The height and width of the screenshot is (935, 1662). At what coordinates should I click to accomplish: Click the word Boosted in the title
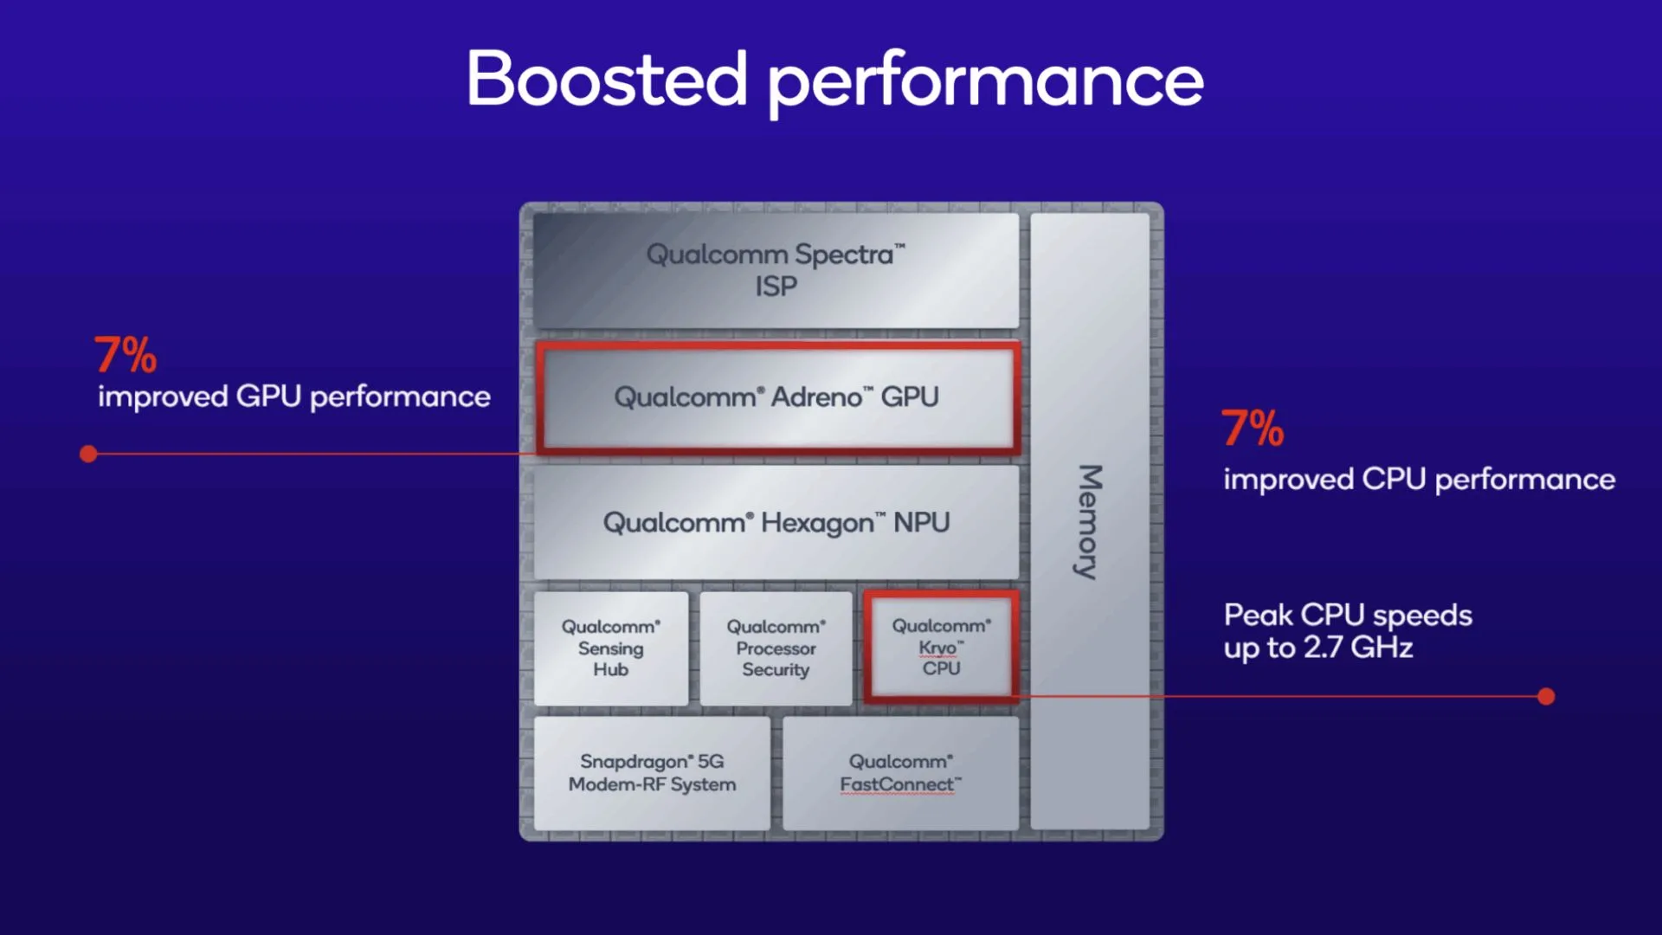606,80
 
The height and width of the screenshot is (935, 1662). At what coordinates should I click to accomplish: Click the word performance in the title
985,82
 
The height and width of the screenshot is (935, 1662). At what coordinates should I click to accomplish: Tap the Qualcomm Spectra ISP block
776,270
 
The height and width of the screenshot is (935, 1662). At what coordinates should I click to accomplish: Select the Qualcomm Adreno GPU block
776,397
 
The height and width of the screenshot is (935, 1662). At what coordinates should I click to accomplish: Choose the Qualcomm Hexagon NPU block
776,523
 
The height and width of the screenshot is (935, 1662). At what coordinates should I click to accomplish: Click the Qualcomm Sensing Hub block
611,648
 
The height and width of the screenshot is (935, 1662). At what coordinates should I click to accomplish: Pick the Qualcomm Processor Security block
776,648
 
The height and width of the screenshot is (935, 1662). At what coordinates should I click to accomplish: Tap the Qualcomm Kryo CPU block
941,647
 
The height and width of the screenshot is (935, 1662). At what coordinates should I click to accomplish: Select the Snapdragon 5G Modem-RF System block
652,772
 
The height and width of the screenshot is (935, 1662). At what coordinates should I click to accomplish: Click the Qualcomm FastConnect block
900,772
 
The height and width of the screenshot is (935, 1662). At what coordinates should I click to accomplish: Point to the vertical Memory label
1089,521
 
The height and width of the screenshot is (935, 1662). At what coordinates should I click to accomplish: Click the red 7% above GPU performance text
126,355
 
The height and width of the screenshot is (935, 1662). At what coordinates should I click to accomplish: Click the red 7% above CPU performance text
1253,429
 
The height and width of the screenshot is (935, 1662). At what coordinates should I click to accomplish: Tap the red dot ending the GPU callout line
88,454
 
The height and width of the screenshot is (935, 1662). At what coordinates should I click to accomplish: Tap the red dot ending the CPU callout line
1546,696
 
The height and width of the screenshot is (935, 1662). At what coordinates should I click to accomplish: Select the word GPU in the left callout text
268,397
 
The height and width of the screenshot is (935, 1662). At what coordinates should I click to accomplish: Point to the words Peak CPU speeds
1348,615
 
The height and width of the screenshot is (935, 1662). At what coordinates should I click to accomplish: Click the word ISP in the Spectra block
776,287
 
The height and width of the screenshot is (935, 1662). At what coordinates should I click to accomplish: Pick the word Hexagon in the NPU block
817,523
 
